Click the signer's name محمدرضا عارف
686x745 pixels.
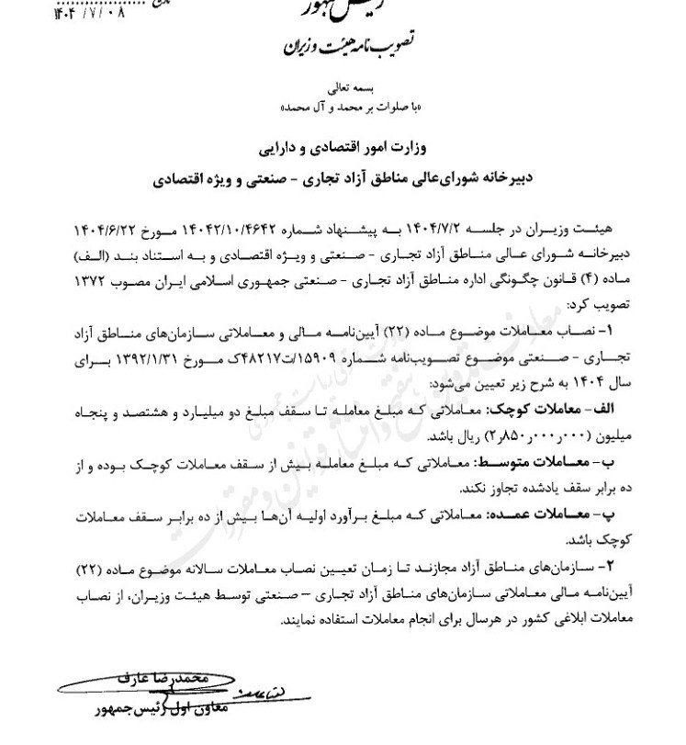point(184,677)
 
